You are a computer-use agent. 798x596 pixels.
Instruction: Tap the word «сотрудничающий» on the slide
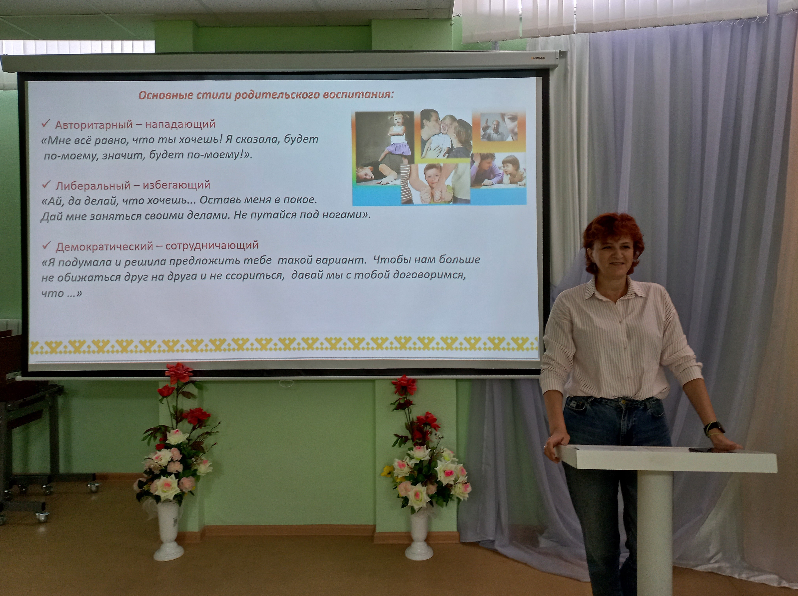(212, 245)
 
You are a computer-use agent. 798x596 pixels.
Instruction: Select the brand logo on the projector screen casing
(538, 58)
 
